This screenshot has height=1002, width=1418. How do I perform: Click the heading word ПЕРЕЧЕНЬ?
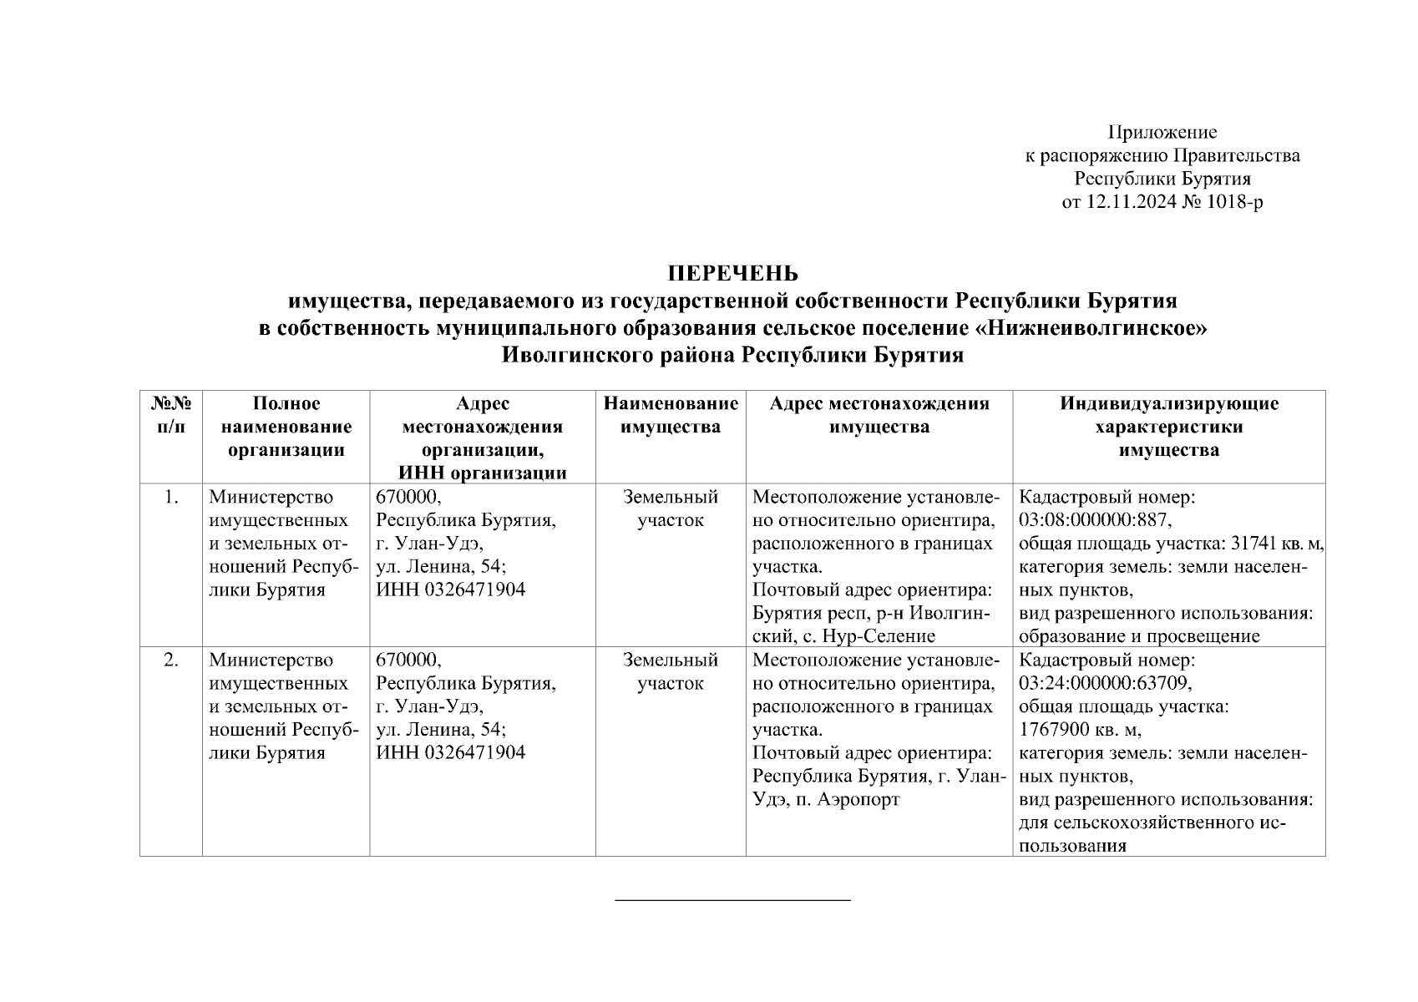732,274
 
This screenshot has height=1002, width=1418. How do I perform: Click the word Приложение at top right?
1162,132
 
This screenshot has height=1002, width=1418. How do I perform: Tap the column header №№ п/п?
170,415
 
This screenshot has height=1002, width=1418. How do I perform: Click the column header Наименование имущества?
671,415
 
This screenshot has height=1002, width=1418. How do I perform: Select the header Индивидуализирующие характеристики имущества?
1168,427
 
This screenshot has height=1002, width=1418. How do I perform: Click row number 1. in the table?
170,498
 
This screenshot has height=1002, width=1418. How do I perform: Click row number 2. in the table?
170,660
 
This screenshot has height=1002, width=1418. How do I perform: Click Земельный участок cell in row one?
671,509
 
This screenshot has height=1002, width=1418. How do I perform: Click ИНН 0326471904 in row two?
451,752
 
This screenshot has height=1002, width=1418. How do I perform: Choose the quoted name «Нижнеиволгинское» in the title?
1094,328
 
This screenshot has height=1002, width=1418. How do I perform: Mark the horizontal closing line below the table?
732,900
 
